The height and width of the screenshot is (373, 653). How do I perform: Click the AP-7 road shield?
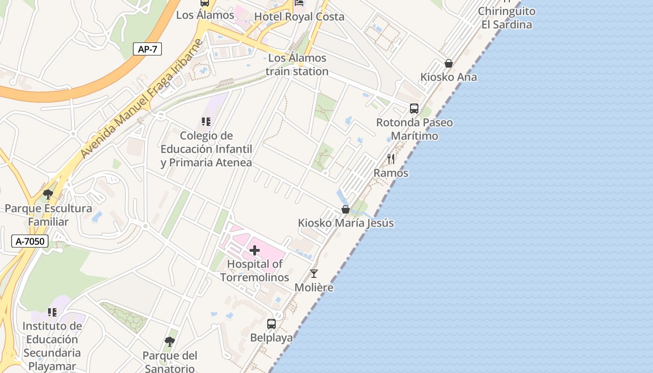coord(147,49)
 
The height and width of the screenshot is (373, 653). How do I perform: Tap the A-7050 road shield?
coord(30,241)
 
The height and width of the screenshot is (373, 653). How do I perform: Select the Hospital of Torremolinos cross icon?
coord(255,251)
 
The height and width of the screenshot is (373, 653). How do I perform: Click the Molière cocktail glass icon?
coord(314,274)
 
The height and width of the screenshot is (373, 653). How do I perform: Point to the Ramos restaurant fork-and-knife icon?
coord(391,159)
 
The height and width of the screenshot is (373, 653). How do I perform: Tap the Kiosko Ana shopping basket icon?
coord(448,63)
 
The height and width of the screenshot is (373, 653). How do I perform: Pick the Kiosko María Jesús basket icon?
coord(346,209)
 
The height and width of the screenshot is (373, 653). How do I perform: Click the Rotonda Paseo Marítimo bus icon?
coord(414,109)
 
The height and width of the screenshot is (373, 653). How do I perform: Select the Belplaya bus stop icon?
coord(271,324)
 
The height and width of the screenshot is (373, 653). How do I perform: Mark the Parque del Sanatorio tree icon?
coord(170,342)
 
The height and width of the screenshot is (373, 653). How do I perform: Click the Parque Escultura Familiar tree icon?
coord(48,194)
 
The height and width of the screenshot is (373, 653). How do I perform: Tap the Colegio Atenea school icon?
coord(206,122)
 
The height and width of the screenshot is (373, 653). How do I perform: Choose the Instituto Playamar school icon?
coord(52,312)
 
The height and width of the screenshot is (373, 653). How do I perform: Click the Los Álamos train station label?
coord(297,65)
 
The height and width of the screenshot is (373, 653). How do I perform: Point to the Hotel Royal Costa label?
coord(299,17)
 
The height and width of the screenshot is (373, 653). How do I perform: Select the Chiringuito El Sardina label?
coord(507,18)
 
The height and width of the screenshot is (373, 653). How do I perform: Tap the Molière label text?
coord(314,287)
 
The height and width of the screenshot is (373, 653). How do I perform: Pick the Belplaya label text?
coord(271,338)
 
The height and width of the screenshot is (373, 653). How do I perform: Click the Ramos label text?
coord(391,173)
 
